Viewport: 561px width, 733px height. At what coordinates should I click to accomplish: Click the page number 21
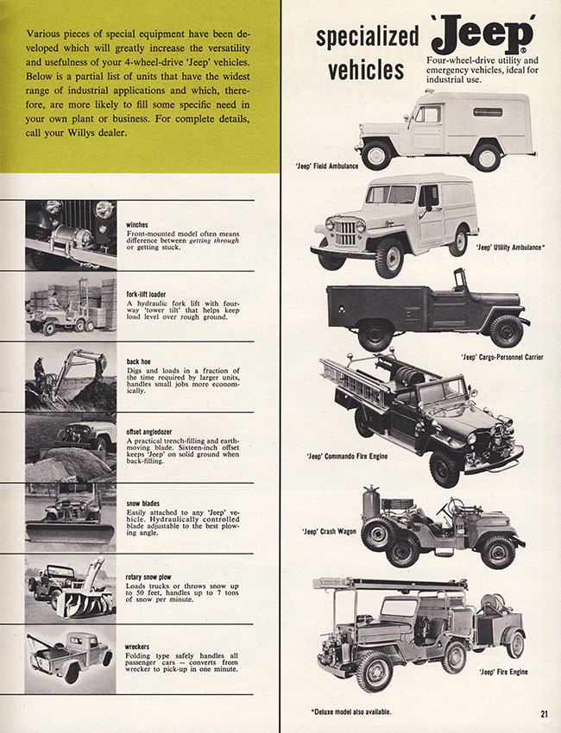545,712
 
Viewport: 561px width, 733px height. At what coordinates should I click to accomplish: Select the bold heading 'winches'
137,225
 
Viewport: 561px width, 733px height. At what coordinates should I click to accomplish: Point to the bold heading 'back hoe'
140,363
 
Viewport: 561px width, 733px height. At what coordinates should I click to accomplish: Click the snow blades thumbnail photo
70,517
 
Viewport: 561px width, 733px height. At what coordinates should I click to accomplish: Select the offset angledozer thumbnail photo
70,447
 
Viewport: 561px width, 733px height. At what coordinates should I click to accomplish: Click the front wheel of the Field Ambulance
376,154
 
